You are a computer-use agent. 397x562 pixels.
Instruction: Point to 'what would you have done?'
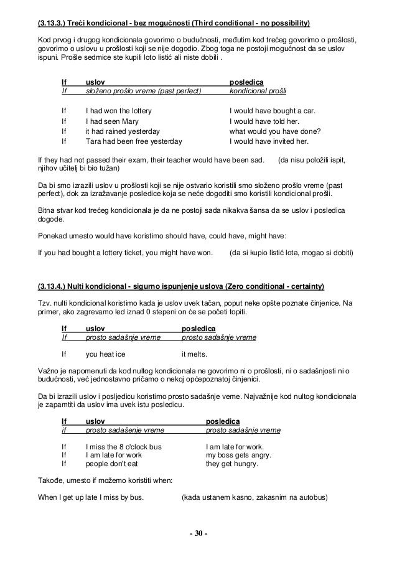pyautogui.click(x=275, y=131)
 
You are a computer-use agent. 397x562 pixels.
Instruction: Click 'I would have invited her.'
pyautogui.click(x=270, y=141)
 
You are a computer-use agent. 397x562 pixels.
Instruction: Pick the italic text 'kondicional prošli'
pyautogui.click(x=258, y=91)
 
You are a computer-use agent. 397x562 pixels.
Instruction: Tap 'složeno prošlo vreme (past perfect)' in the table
pyautogui.click(x=143, y=91)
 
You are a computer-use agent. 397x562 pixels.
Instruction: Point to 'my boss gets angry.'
pyautogui.click(x=238, y=454)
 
